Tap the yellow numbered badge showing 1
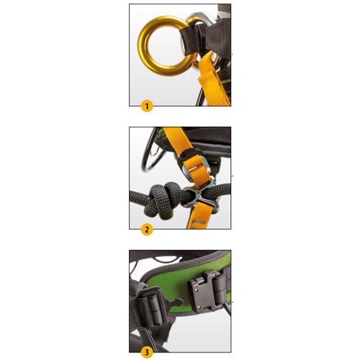147,106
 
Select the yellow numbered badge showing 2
147,230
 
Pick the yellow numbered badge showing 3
147,353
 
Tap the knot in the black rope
163,199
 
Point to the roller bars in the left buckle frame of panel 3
150,310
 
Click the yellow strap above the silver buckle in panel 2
178,138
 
